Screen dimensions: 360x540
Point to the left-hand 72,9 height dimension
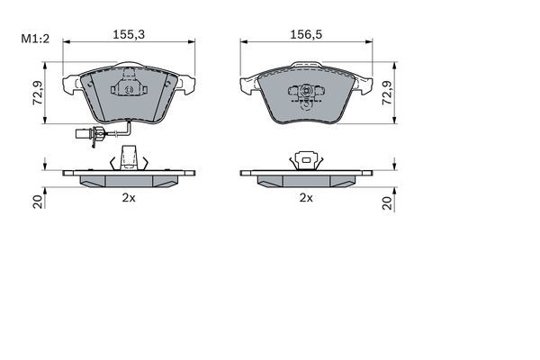point(37,93)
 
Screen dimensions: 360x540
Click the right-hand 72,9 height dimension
point(388,93)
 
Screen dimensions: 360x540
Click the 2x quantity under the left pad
point(130,198)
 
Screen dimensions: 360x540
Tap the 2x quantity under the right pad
point(306,198)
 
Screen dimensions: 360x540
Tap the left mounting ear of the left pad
point(70,85)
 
